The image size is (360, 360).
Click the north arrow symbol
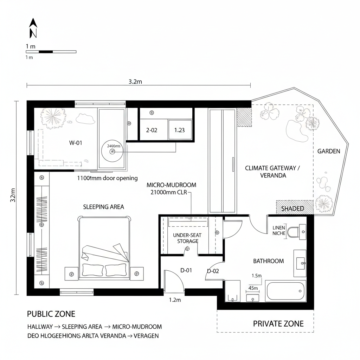(x=33, y=28)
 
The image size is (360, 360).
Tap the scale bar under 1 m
(x=51, y=52)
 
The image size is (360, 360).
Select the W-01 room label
(x=76, y=143)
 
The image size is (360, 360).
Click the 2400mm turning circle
(x=113, y=151)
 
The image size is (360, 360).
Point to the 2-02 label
(x=152, y=130)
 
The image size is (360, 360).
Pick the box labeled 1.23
(x=180, y=130)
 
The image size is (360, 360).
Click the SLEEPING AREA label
(x=103, y=207)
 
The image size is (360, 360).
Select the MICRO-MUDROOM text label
(x=171, y=185)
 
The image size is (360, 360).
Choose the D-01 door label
(x=186, y=270)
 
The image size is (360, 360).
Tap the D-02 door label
(x=213, y=271)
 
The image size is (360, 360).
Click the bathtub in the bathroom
(x=285, y=291)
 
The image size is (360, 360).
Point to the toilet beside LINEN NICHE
(x=293, y=232)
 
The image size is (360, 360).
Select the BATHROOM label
(x=268, y=261)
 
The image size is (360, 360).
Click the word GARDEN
(x=329, y=151)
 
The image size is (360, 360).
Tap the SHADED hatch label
(x=292, y=208)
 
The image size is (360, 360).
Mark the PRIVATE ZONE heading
(x=278, y=324)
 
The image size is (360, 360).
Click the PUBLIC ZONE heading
(x=51, y=314)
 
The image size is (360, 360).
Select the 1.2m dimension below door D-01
(x=175, y=300)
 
